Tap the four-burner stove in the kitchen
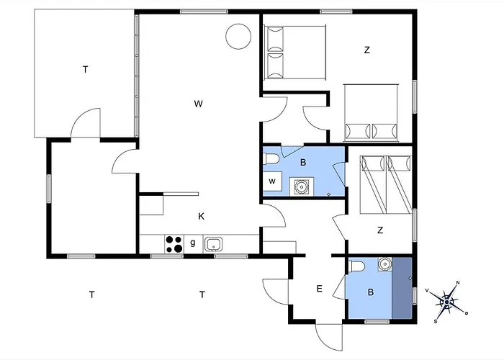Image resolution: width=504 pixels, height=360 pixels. (x=174, y=244)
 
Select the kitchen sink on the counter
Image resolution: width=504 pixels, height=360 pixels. (x=213, y=245)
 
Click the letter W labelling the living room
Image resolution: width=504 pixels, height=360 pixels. (x=199, y=104)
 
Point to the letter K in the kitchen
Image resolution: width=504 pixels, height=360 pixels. (x=201, y=216)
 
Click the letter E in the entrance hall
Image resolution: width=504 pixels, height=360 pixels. (x=319, y=289)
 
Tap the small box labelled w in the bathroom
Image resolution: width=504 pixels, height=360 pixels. (x=272, y=181)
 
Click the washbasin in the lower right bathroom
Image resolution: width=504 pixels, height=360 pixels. (x=384, y=264)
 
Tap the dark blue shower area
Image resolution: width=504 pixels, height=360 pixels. (x=402, y=288)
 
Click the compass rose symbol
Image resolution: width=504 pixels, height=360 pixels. (x=447, y=302)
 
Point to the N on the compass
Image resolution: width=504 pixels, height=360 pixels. (x=458, y=283)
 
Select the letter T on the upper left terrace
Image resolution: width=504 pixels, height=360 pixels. (x=85, y=69)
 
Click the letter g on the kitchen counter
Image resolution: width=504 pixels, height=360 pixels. (x=192, y=243)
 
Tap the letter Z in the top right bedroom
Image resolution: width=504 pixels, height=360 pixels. (x=366, y=50)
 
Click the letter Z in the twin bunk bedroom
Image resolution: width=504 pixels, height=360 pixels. (x=380, y=230)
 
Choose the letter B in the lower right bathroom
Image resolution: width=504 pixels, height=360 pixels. (x=371, y=292)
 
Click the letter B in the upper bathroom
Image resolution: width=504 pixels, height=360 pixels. (x=303, y=163)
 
